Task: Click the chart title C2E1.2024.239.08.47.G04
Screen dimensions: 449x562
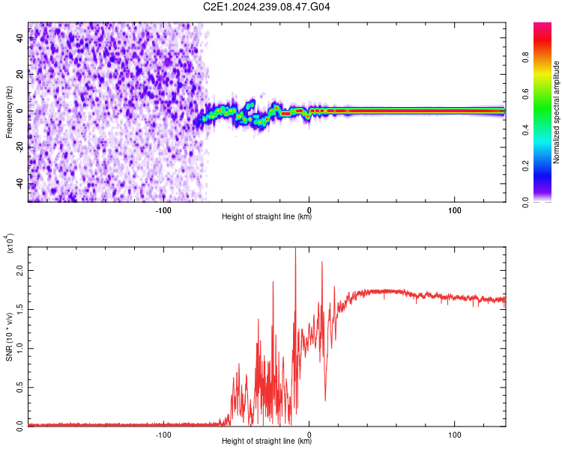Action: pyautogui.click(x=268, y=7)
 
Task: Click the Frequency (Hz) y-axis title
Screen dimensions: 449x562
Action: pyautogui.click(x=9, y=112)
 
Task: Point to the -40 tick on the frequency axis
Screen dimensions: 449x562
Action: pyautogui.click(x=19, y=184)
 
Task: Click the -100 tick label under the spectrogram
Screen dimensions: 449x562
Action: pyautogui.click(x=163, y=210)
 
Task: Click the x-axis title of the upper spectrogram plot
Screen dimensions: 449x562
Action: pyautogui.click(x=267, y=218)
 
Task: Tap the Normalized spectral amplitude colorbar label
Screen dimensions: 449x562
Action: pyautogui.click(x=556, y=112)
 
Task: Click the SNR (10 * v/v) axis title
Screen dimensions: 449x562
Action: pyautogui.click(x=9, y=337)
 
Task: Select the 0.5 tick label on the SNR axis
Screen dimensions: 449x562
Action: pyautogui.click(x=19, y=386)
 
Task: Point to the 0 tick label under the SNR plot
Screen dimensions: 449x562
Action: pyautogui.click(x=309, y=434)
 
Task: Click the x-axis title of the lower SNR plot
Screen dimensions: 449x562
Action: pyautogui.click(x=267, y=442)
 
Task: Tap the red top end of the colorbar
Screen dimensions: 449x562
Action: pyautogui.click(x=543, y=26)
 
